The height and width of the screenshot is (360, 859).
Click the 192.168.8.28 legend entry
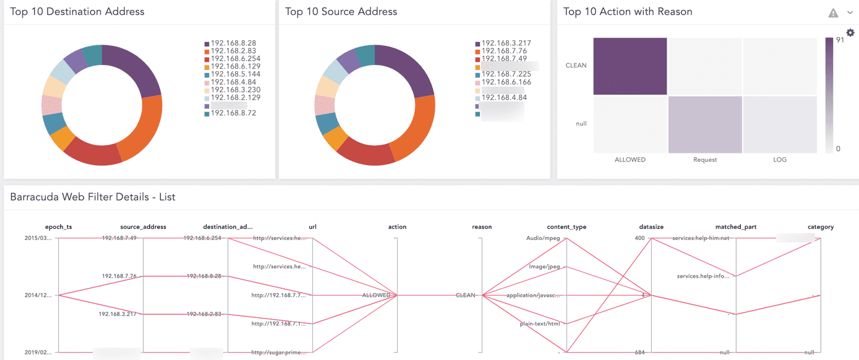pos(233,43)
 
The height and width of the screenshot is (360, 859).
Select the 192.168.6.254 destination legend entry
pos(235,59)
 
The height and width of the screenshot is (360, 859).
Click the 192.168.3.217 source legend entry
pos(506,43)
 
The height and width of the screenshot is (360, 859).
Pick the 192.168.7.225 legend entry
pos(506,74)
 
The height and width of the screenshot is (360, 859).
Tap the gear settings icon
pos(850,33)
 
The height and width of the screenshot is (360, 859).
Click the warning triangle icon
pos(833,13)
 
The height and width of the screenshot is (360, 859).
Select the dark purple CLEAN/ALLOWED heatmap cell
pos(630,66)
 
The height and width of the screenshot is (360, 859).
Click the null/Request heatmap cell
pos(704,124)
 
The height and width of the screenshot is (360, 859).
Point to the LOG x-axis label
pos(779,160)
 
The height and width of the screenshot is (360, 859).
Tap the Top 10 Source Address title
pos(341,12)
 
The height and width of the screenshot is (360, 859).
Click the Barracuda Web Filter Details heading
pos(93,197)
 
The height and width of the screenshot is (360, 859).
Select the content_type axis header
pos(566,227)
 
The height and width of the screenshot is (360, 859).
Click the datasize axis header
pos(651,227)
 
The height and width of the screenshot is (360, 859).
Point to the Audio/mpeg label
pos(543,238)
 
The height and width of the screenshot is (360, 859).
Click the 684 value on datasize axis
pos(639,353)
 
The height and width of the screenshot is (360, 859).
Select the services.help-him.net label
pos(701,238)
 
